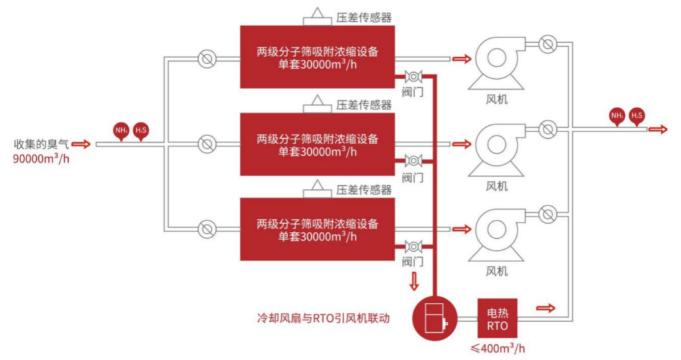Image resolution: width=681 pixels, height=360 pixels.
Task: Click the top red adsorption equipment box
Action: [x=317, y=57]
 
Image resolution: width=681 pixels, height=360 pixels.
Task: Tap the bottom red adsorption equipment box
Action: [x=317, y=229]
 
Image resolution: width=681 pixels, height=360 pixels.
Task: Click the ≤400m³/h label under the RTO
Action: [x=498, y=349]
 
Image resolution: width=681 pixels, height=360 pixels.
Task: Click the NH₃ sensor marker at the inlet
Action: [x=122, y=130]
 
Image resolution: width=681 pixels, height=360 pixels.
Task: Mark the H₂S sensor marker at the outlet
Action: [x=637, y=116]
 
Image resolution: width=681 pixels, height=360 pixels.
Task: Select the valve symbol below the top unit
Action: [x=412, y=76]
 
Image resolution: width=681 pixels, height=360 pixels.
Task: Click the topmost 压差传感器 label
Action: [x=364, y=18]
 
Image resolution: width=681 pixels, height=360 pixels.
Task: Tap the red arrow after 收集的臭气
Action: [x=81, y=144]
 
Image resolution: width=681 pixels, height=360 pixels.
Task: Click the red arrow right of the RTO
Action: [x=546, y=308]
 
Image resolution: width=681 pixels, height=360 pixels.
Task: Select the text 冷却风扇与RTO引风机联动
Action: [x=323, y=317]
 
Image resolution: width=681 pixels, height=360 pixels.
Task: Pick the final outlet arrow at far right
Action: [x=659, y=129]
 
